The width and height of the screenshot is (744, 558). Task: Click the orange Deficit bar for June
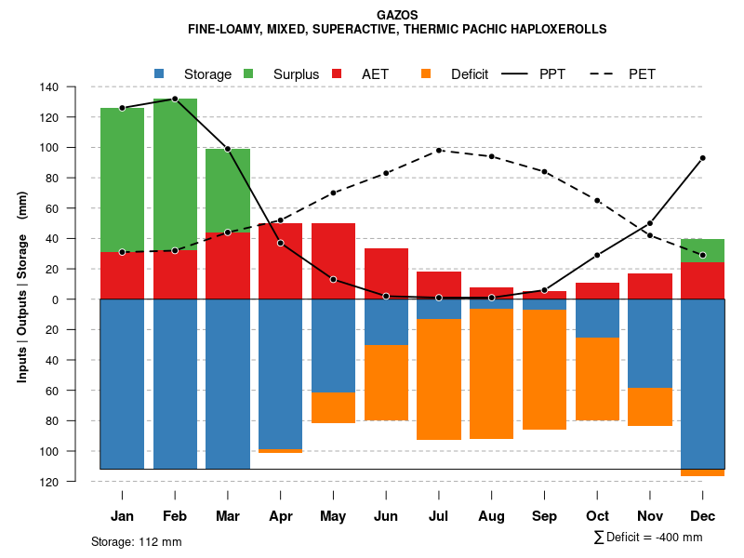coord(386,382)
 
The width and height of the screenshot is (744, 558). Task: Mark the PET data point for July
coord(438,151)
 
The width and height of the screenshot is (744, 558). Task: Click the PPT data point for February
coord(175,99)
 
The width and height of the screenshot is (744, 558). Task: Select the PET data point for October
coord(597,201)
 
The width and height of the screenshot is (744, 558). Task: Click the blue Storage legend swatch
coord(160,73)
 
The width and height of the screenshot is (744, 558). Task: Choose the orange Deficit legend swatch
coord(427,73)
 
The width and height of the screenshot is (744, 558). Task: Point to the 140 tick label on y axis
coord(74,87)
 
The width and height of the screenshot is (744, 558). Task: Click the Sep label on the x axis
coord(544,516)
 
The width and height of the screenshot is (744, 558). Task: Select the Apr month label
coord(281,516)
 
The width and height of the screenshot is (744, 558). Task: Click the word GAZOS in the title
coord(397,15)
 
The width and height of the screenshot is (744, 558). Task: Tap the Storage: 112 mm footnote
coord(136,541)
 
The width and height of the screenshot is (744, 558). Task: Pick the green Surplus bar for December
coord(702,250)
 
